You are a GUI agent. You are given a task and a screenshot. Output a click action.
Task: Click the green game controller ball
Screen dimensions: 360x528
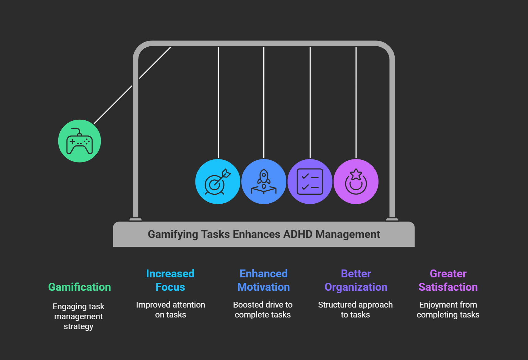click(80, 141)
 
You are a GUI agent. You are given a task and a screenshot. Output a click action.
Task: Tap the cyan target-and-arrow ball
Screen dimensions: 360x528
click(218, 181)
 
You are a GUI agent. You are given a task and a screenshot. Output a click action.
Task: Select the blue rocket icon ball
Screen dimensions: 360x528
click(264, 181)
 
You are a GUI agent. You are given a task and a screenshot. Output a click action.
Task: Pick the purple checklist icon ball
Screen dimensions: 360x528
click(310, 181)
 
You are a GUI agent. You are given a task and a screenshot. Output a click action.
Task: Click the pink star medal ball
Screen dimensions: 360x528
click(356, 181)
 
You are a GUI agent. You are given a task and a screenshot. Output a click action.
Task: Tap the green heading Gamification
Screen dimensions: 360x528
click(80, 287)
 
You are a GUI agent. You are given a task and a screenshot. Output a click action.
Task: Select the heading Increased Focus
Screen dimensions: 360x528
click(170, 280)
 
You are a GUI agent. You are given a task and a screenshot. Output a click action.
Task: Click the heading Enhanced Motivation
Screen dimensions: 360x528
click(263, 280)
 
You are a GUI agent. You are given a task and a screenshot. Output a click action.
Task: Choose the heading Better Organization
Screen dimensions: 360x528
click(356, 280)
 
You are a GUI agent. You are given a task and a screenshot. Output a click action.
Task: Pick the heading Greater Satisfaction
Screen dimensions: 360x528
click(448, 280)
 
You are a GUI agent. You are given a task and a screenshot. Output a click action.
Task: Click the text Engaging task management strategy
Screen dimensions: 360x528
click(79, 316)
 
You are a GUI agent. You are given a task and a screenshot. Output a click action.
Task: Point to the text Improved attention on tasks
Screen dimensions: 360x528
click(170, 310)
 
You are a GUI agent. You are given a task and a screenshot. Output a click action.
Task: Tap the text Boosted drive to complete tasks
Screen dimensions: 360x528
click(263, 310)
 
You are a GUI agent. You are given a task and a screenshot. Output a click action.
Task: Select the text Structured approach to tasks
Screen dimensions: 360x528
click(355, 310)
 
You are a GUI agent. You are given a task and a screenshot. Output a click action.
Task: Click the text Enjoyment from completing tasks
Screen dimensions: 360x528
click(448, 310)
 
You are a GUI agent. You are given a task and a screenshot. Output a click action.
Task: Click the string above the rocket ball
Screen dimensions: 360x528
click(264, 103)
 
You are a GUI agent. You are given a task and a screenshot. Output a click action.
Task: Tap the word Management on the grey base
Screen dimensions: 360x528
click(348, 234)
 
